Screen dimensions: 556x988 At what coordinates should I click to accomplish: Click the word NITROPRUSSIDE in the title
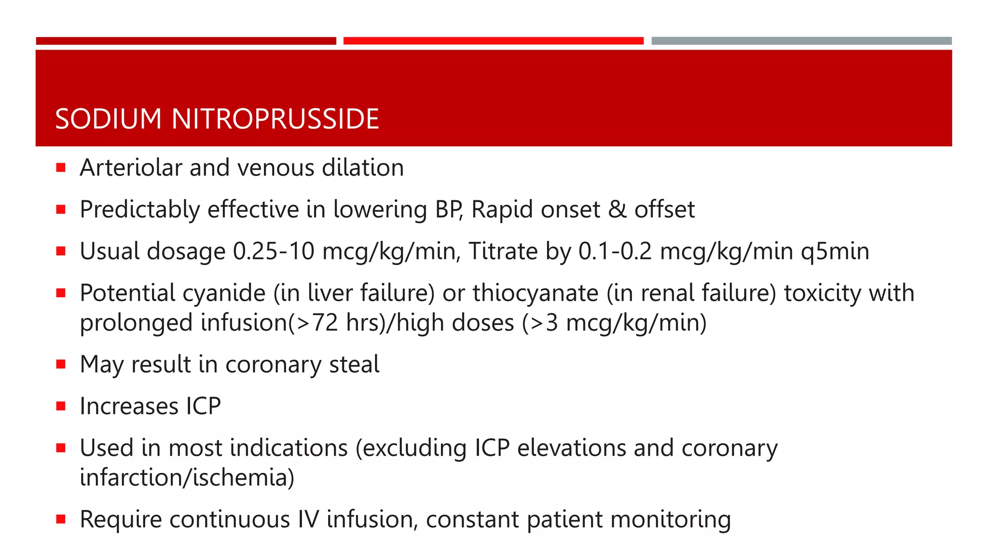(x=275, y=119)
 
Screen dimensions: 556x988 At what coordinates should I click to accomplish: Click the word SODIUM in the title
(x=108, y=119)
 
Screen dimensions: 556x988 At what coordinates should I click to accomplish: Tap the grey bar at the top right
(x=801, y=41)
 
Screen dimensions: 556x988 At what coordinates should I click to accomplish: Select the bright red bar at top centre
(x=493, y=41)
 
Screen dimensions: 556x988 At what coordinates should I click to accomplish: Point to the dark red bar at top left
(x=186, y=41)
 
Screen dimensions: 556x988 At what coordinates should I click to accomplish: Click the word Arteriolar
(x=131, y=167)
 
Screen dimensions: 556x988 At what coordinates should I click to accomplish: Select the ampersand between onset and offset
(x=617, y=209)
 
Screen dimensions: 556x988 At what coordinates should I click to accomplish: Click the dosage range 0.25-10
(x=274, y=251)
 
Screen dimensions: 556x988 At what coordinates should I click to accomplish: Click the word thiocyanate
(x=535, y=293)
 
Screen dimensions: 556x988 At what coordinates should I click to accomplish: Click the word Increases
(x=129, y=406)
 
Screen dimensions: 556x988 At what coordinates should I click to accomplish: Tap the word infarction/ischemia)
(x=187, y=477)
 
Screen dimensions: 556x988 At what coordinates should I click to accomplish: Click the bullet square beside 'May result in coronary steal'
(x=61, y=364)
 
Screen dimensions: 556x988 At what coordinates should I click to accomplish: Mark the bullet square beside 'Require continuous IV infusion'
(x=61, y=519)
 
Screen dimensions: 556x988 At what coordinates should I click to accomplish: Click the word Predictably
(x=139, y=209)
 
